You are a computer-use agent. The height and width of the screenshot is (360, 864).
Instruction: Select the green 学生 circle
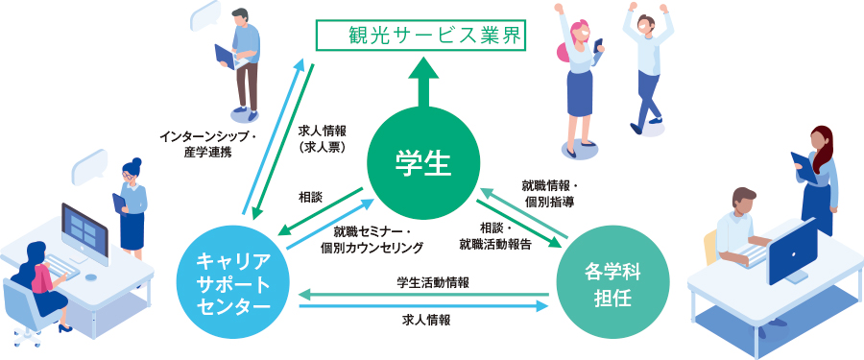coord(422,161)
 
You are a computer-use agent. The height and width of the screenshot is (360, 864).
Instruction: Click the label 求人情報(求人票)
coord(322,138)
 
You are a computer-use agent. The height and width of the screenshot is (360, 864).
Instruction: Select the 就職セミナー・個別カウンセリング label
coord(372,239)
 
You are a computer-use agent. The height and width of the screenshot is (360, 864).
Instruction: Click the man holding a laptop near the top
coord(242,58)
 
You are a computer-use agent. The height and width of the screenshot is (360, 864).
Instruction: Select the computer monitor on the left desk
coord(85,229)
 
